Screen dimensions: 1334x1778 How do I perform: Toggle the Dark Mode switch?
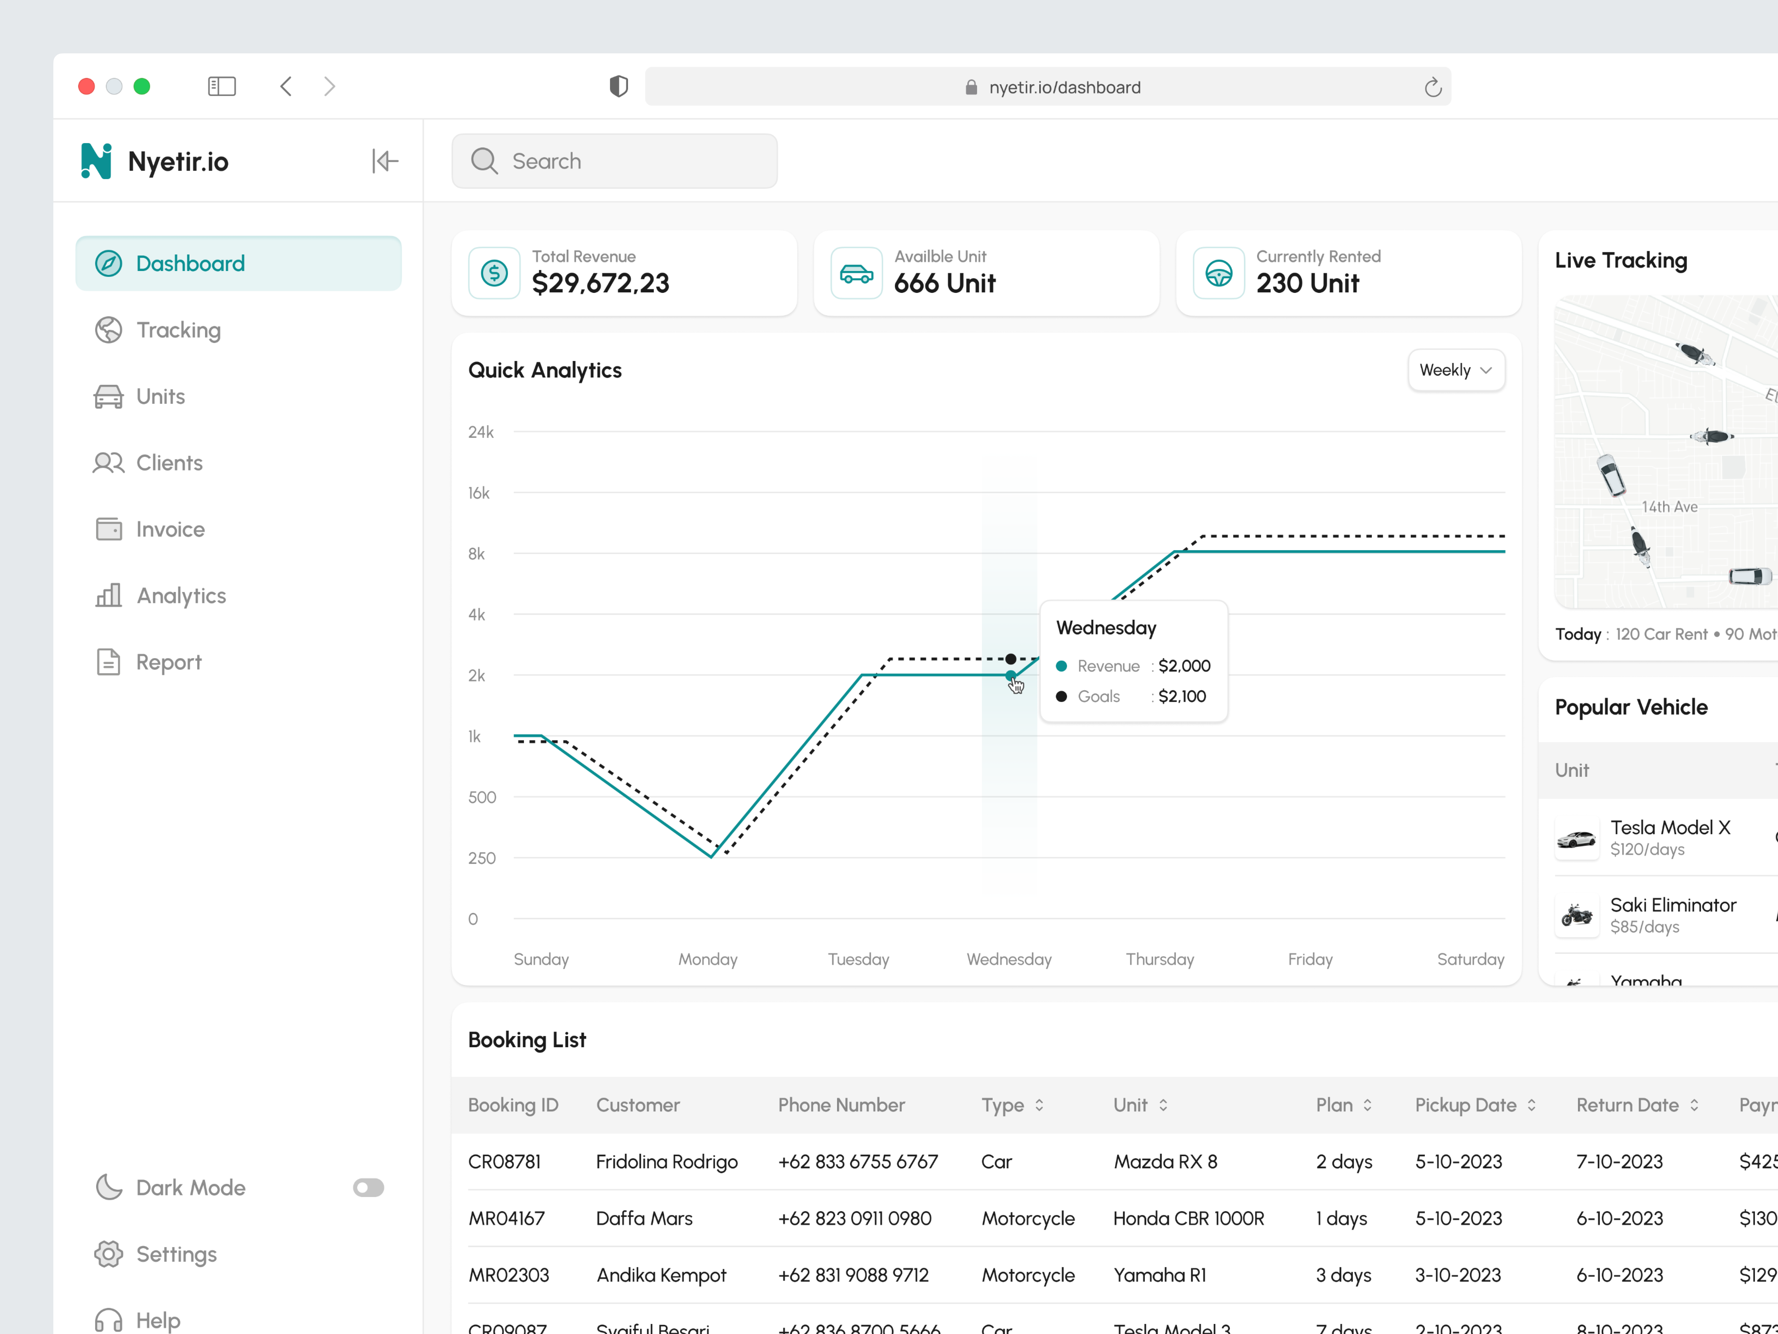[368, 1188]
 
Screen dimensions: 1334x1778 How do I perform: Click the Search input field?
[615, 161]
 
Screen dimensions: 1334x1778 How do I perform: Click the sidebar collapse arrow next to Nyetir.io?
[385, 161]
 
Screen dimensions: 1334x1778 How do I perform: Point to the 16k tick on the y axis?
[479, 493]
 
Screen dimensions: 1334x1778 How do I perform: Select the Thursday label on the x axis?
[1159, 959]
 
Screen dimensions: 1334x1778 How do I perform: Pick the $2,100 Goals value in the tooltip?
[1182, 696]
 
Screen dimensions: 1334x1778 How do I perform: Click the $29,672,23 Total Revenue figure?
[600, 283]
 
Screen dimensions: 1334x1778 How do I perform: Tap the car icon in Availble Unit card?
[856, 274]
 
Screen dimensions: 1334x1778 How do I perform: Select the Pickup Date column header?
[1465, 1105]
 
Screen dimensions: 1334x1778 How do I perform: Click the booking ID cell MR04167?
[506, 1218]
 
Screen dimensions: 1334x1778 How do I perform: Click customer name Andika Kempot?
[661, 1275]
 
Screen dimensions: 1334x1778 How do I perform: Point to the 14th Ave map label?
[1669, 507]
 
